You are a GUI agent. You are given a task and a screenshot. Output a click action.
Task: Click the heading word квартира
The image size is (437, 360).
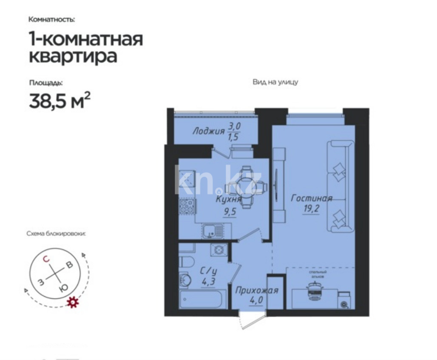(73, 56)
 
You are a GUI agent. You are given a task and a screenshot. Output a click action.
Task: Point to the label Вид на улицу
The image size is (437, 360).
(275, 82)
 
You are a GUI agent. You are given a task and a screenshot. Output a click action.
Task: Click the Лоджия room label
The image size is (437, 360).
(208, 131)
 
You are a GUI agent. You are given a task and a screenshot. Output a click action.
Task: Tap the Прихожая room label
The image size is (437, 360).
(257, 291)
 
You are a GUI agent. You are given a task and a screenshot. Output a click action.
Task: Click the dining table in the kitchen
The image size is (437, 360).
(243, 186)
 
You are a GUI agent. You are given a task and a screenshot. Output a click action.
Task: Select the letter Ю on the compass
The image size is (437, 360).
(63, 288)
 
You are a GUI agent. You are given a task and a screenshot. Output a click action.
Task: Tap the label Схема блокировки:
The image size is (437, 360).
(56, 233)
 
